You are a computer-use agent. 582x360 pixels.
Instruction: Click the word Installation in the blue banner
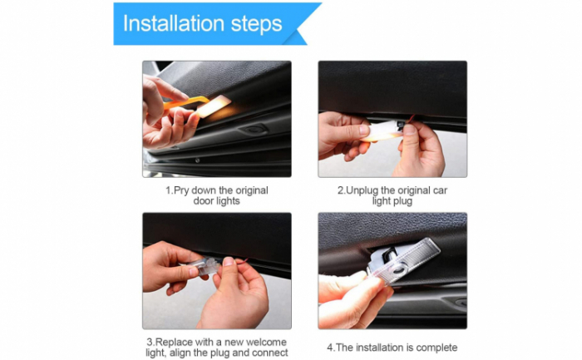173,23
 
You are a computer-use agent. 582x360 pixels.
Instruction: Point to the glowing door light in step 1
214,106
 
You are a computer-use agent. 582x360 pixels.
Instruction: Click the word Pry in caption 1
181,190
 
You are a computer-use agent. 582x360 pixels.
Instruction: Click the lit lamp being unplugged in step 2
383,131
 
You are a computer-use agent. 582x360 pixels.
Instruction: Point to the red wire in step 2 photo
411,119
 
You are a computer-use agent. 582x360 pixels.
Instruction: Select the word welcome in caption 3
266,342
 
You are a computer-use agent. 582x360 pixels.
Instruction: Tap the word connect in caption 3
270,353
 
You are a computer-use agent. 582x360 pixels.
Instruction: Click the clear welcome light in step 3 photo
203,267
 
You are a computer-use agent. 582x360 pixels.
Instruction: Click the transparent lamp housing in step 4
403,261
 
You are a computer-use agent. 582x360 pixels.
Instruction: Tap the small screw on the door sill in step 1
198,160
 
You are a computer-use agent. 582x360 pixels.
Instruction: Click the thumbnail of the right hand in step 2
409,130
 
